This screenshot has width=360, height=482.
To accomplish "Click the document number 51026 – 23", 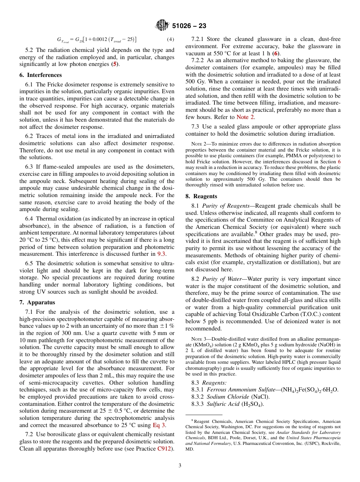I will (189, 26).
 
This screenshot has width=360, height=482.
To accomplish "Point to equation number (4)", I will (171, 39).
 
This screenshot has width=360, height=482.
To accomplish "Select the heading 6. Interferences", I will (41, 75).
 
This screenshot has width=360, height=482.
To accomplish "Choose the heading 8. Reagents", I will (201, 196).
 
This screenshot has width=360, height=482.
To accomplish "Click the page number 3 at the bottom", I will (180, 466).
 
